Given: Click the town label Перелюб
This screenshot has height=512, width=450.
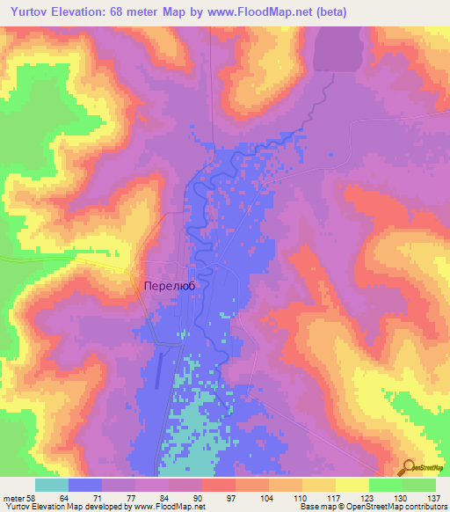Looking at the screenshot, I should (x=168, y=286).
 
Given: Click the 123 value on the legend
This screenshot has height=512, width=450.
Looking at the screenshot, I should (x=370, y=498).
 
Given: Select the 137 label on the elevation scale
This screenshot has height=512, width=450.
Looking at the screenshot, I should (x=435, y=498).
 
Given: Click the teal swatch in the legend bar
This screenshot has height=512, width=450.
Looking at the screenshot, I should (x=53, y=485).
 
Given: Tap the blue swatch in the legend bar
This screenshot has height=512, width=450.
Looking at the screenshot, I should (x=86, y=485).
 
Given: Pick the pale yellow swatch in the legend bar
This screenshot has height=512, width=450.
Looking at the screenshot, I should (x=352, y=485).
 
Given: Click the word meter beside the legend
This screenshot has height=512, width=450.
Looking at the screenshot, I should (x=13, y=498).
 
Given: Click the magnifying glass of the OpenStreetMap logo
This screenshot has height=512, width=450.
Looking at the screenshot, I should (x=408, y=467).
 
